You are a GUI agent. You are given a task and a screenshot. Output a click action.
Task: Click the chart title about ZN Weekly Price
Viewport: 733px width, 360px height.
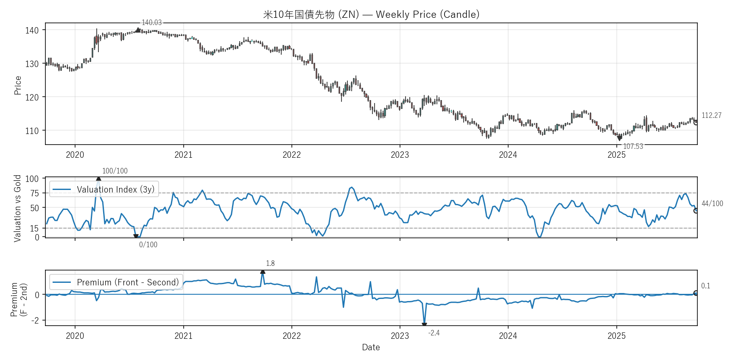point(371,14)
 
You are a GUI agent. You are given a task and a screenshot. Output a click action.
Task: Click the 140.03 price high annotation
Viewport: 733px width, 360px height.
point(151,22)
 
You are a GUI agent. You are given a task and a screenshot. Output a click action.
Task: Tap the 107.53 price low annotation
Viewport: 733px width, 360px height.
point(633,146)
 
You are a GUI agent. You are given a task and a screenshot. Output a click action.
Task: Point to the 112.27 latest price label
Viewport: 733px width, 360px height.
point(711,115)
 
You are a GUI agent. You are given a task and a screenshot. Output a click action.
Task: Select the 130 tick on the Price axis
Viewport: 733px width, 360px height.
point(32,64)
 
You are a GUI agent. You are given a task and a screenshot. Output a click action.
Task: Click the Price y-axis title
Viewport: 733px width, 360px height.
point(18,85)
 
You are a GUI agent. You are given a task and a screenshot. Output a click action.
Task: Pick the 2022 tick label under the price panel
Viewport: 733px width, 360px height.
point(291,155)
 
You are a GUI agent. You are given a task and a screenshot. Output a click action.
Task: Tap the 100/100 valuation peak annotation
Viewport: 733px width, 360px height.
point(115,171)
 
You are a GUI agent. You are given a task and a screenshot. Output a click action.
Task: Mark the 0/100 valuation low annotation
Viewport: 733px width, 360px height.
point(148,245)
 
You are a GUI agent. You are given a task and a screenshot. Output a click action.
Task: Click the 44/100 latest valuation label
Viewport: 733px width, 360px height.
point(712,204)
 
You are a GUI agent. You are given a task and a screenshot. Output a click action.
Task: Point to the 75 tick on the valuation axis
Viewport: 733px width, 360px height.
point(34,193)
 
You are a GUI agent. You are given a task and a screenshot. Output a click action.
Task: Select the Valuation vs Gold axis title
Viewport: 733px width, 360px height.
point(17,208)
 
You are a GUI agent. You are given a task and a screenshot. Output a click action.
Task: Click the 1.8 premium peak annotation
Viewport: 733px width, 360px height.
point(270,263)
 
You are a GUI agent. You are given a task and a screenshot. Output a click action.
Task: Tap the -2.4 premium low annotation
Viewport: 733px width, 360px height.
point(434,333)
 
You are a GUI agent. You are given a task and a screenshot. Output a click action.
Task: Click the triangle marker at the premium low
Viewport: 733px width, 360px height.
point(424,325)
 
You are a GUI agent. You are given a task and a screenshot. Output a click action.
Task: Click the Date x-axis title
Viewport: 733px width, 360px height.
point(371,347)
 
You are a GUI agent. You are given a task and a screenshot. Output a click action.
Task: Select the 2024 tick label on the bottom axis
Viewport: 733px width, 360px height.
point(508,336)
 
